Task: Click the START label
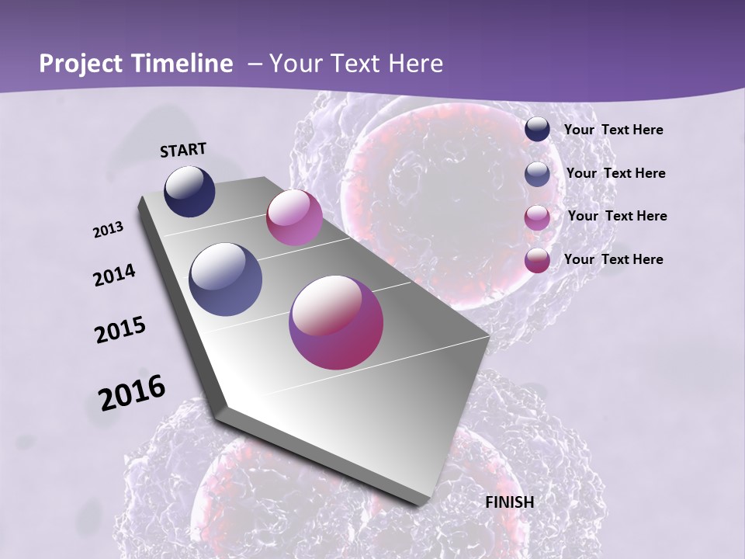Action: click(x=183, y=150)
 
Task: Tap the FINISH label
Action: click(x=509, y=502)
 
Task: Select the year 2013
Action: click(x=109, y=230)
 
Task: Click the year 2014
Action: click(x=115, y=276)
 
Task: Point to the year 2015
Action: click(x=120, y=330)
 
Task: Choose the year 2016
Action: click(x=132, y=392)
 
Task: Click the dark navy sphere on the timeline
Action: click(x=189, y=192)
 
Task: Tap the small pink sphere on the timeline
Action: click(x=294, y=217)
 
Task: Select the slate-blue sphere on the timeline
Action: click(x=225, y=279)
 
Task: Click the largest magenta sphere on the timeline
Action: click(x=336, y=322)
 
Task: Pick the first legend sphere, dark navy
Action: click(x=537, y=130)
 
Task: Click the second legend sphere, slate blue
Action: click(x=537, y=173)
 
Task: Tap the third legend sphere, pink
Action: click(x=537, y=217)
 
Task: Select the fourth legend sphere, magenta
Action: click(x=537, y=259)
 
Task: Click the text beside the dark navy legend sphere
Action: click(x=613, y=130)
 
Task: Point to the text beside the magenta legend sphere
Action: click(x=613, y=259)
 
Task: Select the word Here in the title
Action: click(x=414, y=64)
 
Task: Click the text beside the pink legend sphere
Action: click(x=617, y=216)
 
